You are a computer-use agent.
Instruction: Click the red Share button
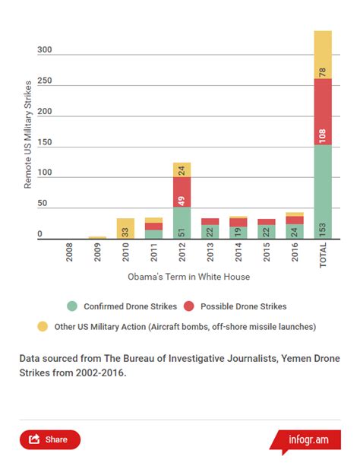coord(50,439)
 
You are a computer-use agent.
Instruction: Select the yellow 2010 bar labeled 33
coord(125,228)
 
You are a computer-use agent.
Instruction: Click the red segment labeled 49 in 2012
coord(182,192)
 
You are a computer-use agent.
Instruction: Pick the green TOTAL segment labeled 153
coord(323,192)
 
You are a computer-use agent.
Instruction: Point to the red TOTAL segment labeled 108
coord(323,112)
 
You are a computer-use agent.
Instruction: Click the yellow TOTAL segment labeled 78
coord(323,55)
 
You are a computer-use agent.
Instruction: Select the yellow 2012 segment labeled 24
coord(182,170)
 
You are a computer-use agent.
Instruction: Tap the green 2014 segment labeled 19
coord(238,233)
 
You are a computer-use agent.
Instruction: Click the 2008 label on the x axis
coord(69,252)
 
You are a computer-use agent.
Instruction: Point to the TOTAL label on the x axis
coord(323,255)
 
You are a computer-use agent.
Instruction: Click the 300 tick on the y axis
coord(45,49)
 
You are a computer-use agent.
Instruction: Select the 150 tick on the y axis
coord(45,142)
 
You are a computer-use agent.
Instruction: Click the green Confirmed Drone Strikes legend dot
coord(72,306)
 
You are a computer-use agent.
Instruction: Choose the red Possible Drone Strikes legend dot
coord(189,306)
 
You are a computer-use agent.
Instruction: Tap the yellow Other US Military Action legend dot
coord(43,326)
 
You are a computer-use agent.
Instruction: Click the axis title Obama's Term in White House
coord(189,277)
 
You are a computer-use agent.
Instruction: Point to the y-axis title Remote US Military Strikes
coord(27,135)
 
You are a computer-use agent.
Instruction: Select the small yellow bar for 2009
coord(97,237)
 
